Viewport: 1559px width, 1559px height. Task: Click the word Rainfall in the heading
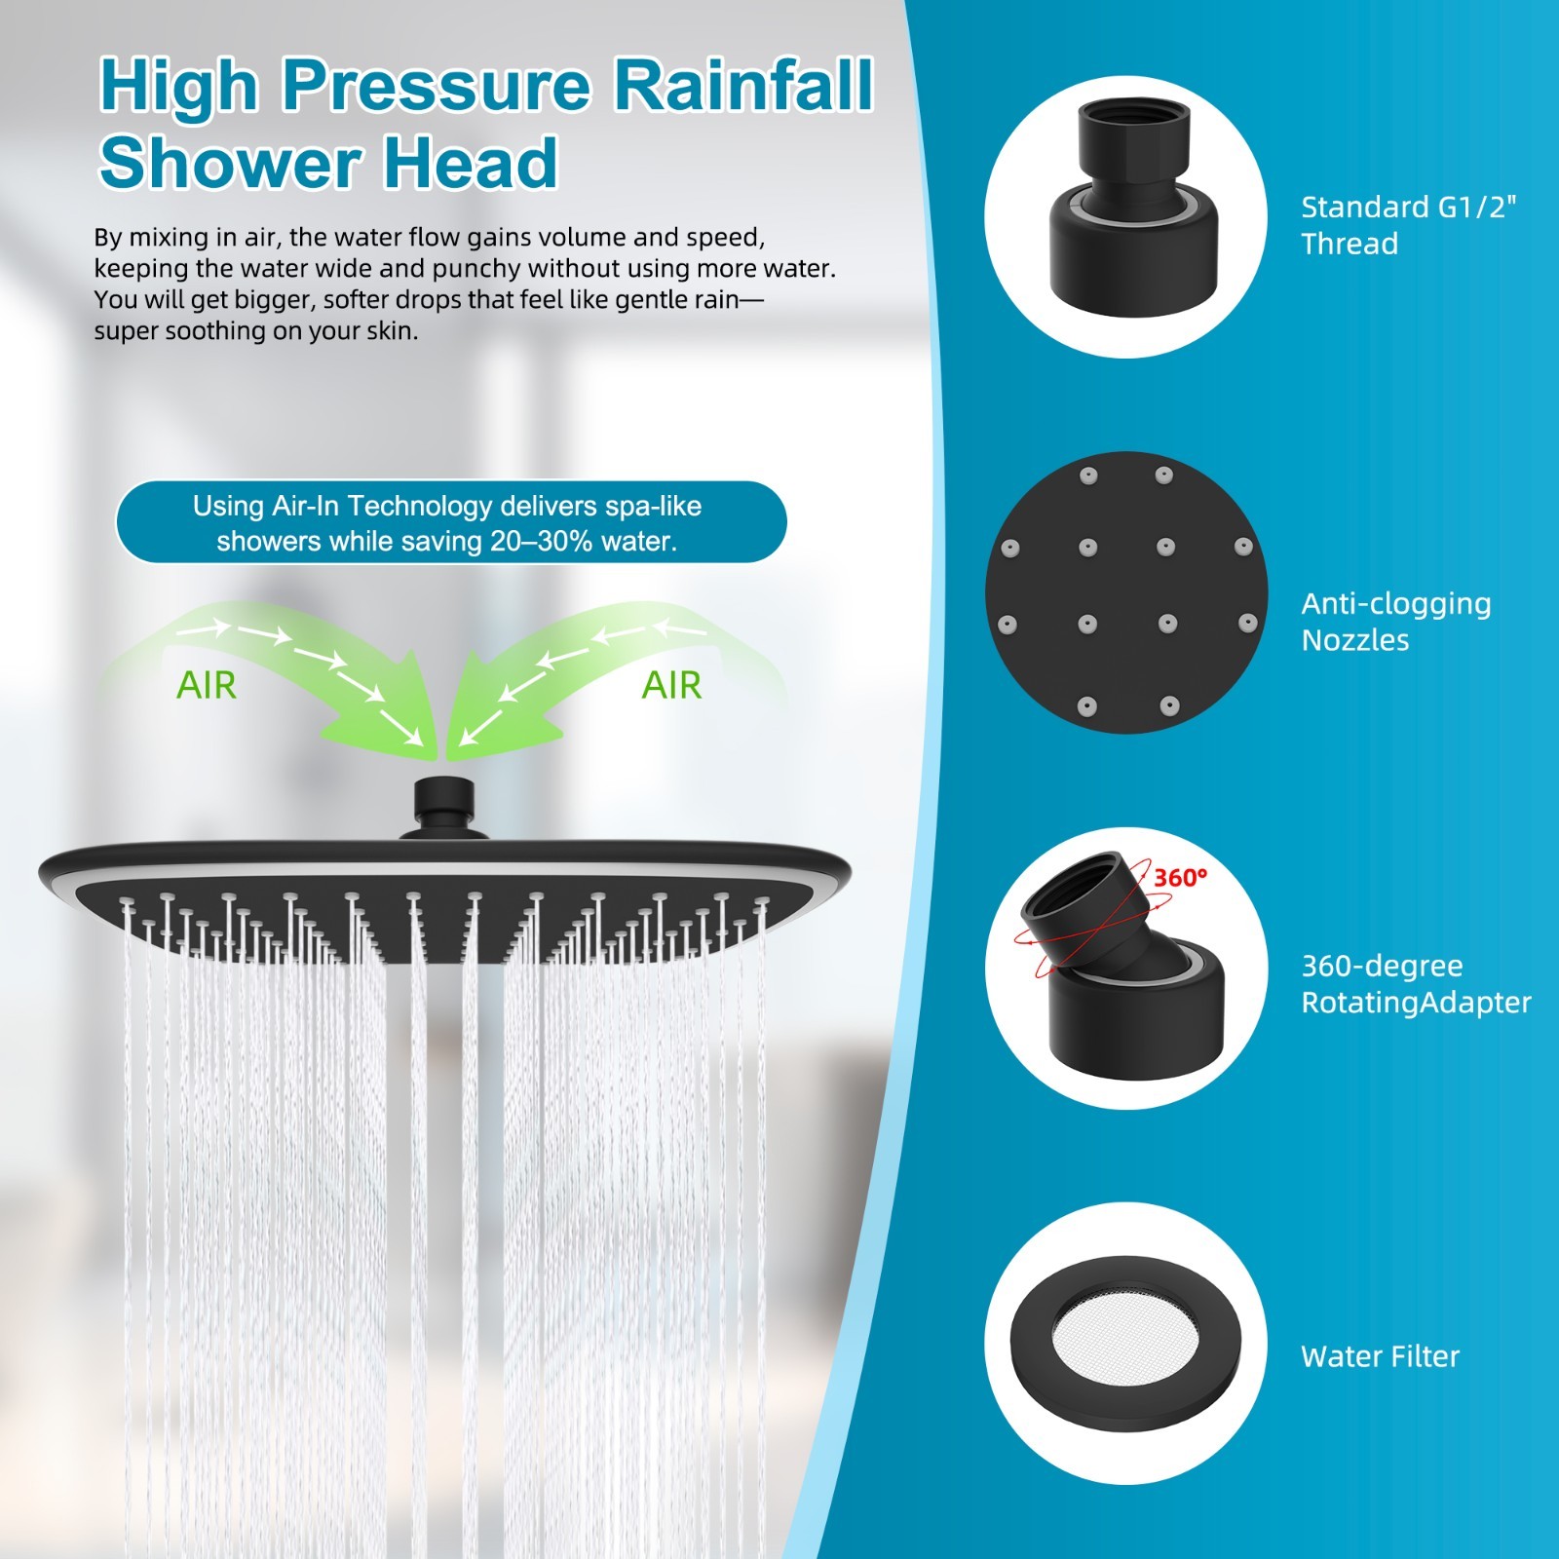click(x=742, y=85)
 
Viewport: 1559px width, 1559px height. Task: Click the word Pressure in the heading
click(x=436, y=85)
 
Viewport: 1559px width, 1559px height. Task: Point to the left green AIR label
click(x=206, y=685)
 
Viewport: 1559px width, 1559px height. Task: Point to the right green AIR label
click(x=671, y=685)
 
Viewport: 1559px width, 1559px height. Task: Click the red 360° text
click(x=1180, y=878)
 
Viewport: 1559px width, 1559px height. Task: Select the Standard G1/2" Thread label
click(x=1409, y=225)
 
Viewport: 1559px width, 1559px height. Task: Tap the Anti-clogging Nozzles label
click(x=1396, y=622)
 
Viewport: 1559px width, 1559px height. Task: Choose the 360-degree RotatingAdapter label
click(x=1416, y=983)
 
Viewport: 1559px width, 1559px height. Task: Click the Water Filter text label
click(x=1380, y=1356)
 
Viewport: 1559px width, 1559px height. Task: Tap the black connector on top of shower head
click(x=444, y=807)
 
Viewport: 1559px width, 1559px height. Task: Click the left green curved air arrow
click(x=292, y=672)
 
